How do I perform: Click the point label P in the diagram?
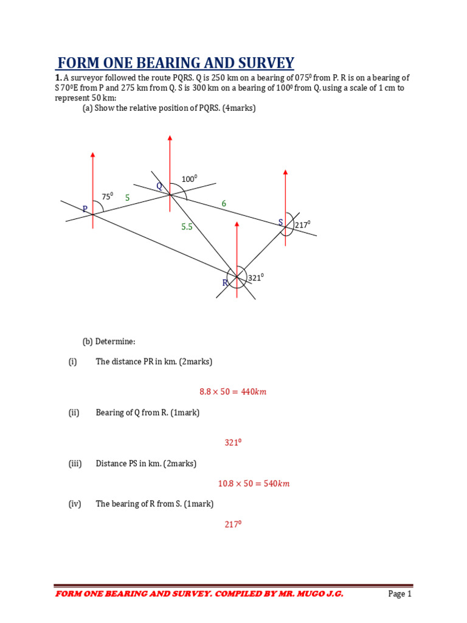(x=85, y=209)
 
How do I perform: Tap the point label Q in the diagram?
(x=159, y=186)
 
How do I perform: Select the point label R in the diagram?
(x=225, y=283)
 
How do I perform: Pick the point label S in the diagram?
(x=281, y=223)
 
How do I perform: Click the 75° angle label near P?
(x=107, y=197)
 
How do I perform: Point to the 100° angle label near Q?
(x=189, y=179)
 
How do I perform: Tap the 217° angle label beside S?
(x=302, y=224)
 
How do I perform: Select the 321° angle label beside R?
(x=255, y=277)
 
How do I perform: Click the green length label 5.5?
(x=187, y=227)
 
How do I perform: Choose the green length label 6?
(x=224, y=204)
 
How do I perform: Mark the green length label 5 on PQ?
(x=128, y=198)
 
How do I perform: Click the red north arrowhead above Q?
(x=170, y=139)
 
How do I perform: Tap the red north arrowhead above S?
(x=286, y=174)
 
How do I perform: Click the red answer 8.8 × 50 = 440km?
(x=233, y=392)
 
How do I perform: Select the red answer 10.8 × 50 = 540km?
(x=254, y=484)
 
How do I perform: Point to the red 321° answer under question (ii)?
(x=233, y=443)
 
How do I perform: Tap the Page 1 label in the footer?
(x=400, y=594)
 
